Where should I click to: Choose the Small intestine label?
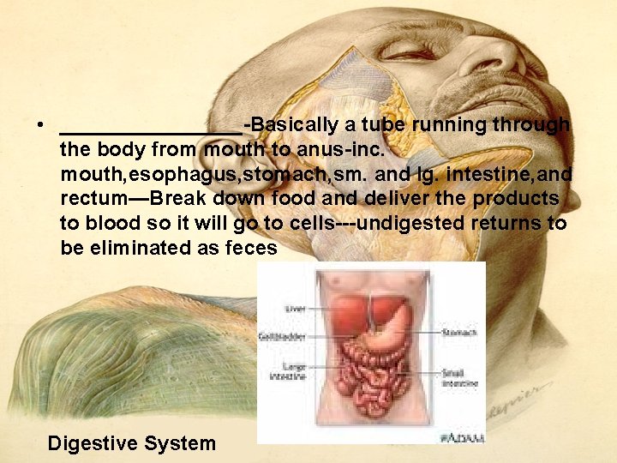[x=459, y=377]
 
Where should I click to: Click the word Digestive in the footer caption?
[x=93, y=443]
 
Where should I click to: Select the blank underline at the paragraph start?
[x=150, y=130]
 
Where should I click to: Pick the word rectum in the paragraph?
[x=92, y=199]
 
